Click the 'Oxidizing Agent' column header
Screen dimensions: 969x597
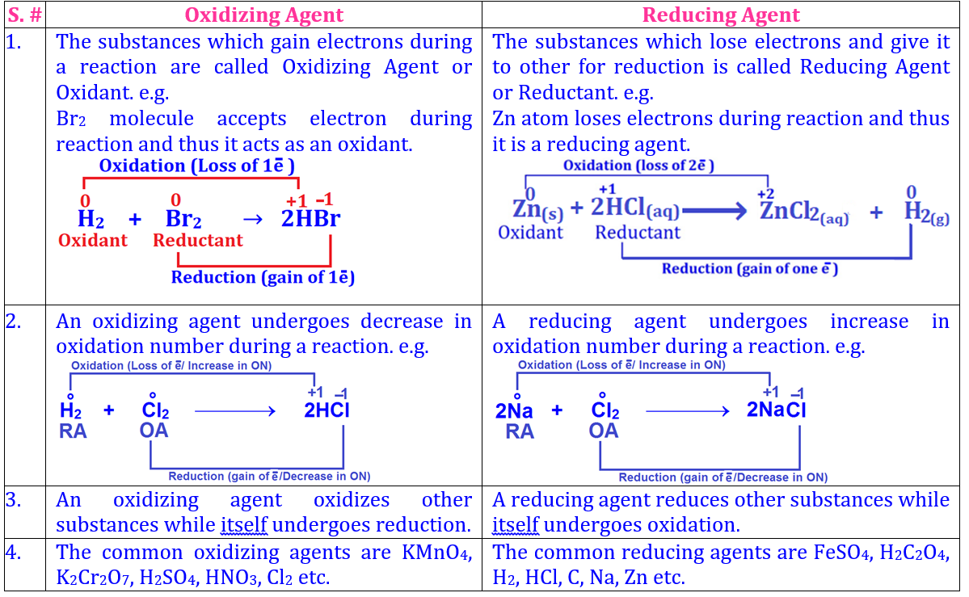(x=264, y=15)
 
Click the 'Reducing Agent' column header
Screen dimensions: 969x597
(x=721, y=15)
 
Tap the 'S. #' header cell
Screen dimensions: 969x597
(x=23, y=15)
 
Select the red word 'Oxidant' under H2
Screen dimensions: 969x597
(x=92, y=240)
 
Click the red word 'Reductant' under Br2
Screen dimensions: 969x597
(x=198, y=240)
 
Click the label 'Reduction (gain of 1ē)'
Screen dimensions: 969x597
(x=263, y=277)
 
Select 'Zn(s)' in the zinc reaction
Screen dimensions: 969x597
(x=538, y=209)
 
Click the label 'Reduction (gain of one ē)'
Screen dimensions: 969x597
(x=750, y=268)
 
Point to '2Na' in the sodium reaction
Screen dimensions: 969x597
(x=515, y=410)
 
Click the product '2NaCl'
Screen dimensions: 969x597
(x=777, y=410)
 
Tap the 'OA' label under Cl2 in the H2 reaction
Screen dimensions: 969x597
(x=154, y=431)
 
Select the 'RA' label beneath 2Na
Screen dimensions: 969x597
(x=520, y=431)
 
